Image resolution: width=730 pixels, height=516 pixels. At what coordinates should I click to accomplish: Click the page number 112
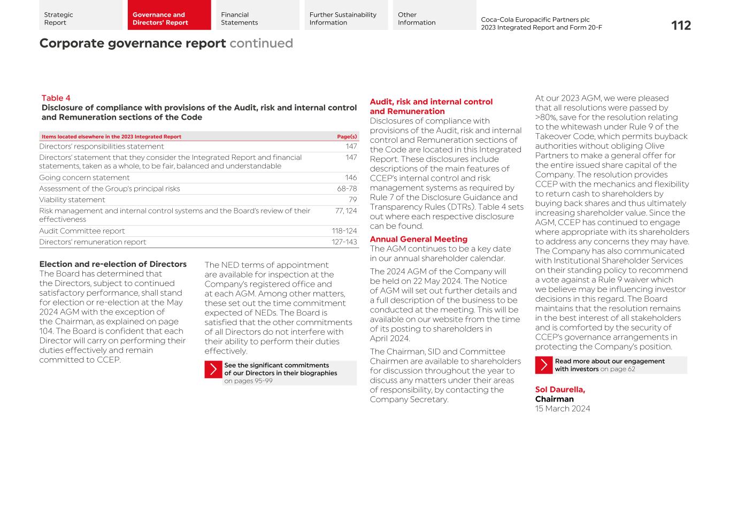(x=681, y=26)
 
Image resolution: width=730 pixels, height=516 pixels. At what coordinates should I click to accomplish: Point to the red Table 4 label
(x=56, y=98)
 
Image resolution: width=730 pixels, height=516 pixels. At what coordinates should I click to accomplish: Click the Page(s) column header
(x=347, y=137)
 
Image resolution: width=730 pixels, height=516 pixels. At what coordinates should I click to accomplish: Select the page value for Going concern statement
(x=351, y=178)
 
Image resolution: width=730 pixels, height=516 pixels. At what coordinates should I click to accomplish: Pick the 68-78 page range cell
(x=347, y=189)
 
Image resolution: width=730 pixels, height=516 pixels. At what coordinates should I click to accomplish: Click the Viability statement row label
(x=72, y=200)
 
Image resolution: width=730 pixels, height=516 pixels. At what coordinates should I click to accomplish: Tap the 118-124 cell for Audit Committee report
(x=344, y=231)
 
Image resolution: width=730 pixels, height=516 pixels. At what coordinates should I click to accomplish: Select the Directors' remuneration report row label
(x=93, y=242)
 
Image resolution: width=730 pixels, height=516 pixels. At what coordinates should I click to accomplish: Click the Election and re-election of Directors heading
(x=113, y=264)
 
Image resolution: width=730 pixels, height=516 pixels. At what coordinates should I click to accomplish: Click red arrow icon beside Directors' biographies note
(x=213, y=369)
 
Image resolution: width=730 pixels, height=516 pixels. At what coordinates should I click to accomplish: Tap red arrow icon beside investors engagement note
(x=544, y=365)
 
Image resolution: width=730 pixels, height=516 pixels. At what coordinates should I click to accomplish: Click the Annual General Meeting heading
(x=418, y=239)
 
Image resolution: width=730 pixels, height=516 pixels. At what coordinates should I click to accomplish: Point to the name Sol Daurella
(x=560, y=390)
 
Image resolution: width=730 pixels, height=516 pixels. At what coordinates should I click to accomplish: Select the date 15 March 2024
(x=563, y=409)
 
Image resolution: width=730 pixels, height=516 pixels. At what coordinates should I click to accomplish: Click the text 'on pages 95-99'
(x=248, y=381)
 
